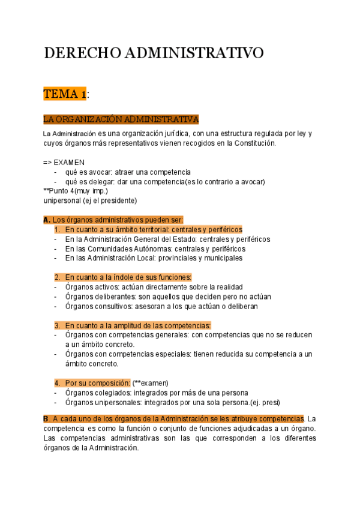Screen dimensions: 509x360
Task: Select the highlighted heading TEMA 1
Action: tap(65, 94)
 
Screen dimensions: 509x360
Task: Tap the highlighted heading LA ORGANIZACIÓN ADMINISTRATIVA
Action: tap(121, 119)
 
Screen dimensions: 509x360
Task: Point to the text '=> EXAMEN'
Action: tap(64, 163)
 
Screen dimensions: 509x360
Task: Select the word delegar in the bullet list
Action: tap(103, 182)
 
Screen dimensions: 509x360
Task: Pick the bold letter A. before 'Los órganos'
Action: tap(47, 220)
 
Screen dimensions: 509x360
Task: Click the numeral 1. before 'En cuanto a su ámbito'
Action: tap(58, 229)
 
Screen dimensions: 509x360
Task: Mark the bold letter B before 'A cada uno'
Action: tap(46, 418)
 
